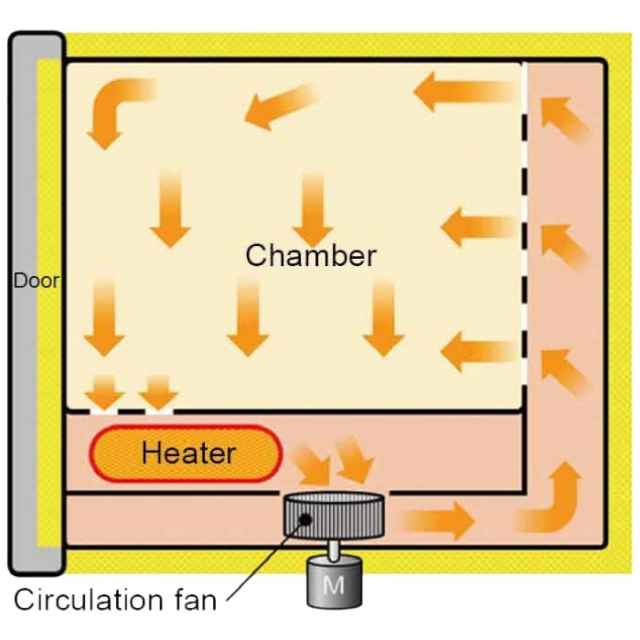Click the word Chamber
point(311,255)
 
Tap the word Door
point(35,281)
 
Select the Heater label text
point(188,453)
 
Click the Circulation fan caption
point(114,600)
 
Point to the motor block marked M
point(333,584)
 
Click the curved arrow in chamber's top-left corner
point(114,106)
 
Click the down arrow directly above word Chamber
point(313,205)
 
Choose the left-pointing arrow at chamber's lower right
point(479,348)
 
